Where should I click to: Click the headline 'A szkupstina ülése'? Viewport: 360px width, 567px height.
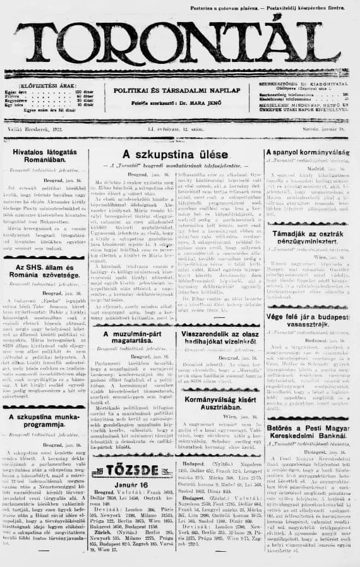175,154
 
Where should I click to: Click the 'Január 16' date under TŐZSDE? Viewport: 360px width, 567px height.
132,484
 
